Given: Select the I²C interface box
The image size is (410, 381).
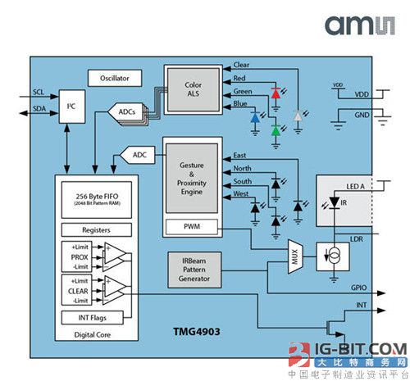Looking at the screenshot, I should click(71, 107).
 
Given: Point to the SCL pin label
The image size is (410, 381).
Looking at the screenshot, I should click(39, 92).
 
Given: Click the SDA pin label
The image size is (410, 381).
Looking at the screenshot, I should click(39, 108).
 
